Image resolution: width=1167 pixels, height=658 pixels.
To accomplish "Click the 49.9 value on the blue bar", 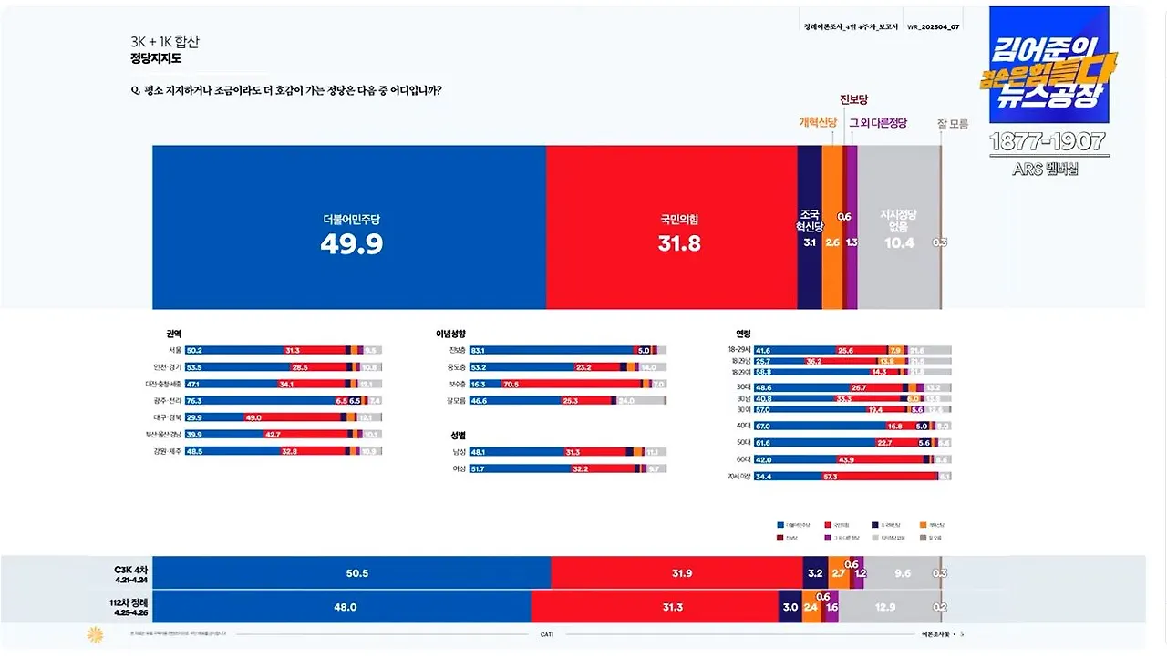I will (x=351, y=243).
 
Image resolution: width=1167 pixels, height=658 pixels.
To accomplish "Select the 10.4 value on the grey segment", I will (x=898, y=242).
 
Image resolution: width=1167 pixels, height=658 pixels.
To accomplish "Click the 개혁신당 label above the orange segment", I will (x=818, y=123).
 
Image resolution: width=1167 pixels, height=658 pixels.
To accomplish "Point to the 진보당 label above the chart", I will (x=853, y=99).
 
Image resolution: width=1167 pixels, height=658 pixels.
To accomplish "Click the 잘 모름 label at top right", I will (x=953, y=124).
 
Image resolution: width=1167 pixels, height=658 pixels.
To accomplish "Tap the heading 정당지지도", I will (x=156, y=59).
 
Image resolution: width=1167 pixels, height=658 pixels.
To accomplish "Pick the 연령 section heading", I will (x=743, y=334).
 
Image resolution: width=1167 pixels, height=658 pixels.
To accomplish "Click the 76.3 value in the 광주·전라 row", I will (x=194, y=400).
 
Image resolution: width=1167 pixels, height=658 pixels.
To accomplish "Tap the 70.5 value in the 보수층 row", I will (x=511, y=384).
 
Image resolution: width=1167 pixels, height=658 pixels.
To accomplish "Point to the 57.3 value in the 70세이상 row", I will (x=830, y=476).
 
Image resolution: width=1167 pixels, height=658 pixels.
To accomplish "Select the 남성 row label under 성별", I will (x=459, y=452).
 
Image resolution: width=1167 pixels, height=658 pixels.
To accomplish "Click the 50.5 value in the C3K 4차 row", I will (x=357, y=573).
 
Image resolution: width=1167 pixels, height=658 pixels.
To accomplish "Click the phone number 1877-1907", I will (x=1047, y=141).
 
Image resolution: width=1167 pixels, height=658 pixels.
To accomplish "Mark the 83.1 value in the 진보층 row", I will (x=478, y=350).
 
